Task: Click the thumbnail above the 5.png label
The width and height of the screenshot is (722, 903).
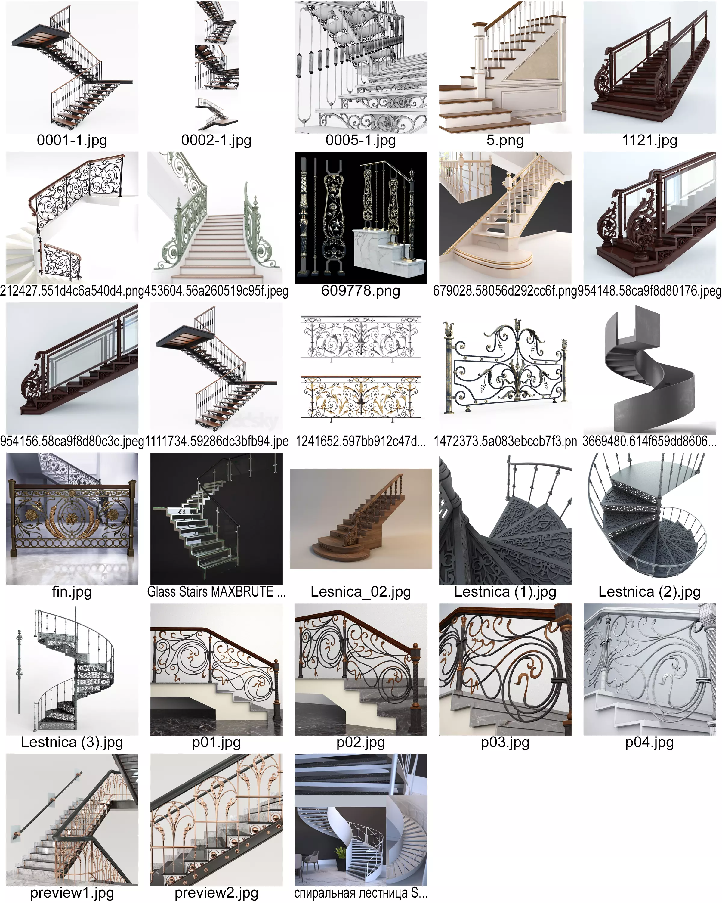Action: (x=505, y=67)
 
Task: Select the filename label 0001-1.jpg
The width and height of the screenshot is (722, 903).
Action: (x=72, y=140)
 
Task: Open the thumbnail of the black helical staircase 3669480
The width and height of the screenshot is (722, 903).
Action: (x=649, y=368)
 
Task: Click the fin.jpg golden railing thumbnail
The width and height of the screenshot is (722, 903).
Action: (x=72, y=519)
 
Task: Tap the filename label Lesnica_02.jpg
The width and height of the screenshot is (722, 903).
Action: (x=360, y=591)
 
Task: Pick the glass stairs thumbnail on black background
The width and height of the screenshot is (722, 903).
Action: (x=216, y=519)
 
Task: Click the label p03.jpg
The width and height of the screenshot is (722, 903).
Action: (x=505, y=742)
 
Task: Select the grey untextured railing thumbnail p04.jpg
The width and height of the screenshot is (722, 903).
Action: (x=649, y=669)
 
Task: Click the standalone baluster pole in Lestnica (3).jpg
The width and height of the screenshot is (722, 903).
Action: (x=19, y=674)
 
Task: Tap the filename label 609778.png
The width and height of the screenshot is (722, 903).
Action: (x=360, y=291)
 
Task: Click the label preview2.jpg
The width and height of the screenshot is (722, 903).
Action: (x=216, y=893)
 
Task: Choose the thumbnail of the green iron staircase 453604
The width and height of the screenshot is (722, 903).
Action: (x=216, y=218)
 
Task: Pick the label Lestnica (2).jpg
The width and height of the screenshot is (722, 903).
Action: (x=649, y=591)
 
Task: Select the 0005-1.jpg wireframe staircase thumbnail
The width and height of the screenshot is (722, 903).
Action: (x=360, y=67)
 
